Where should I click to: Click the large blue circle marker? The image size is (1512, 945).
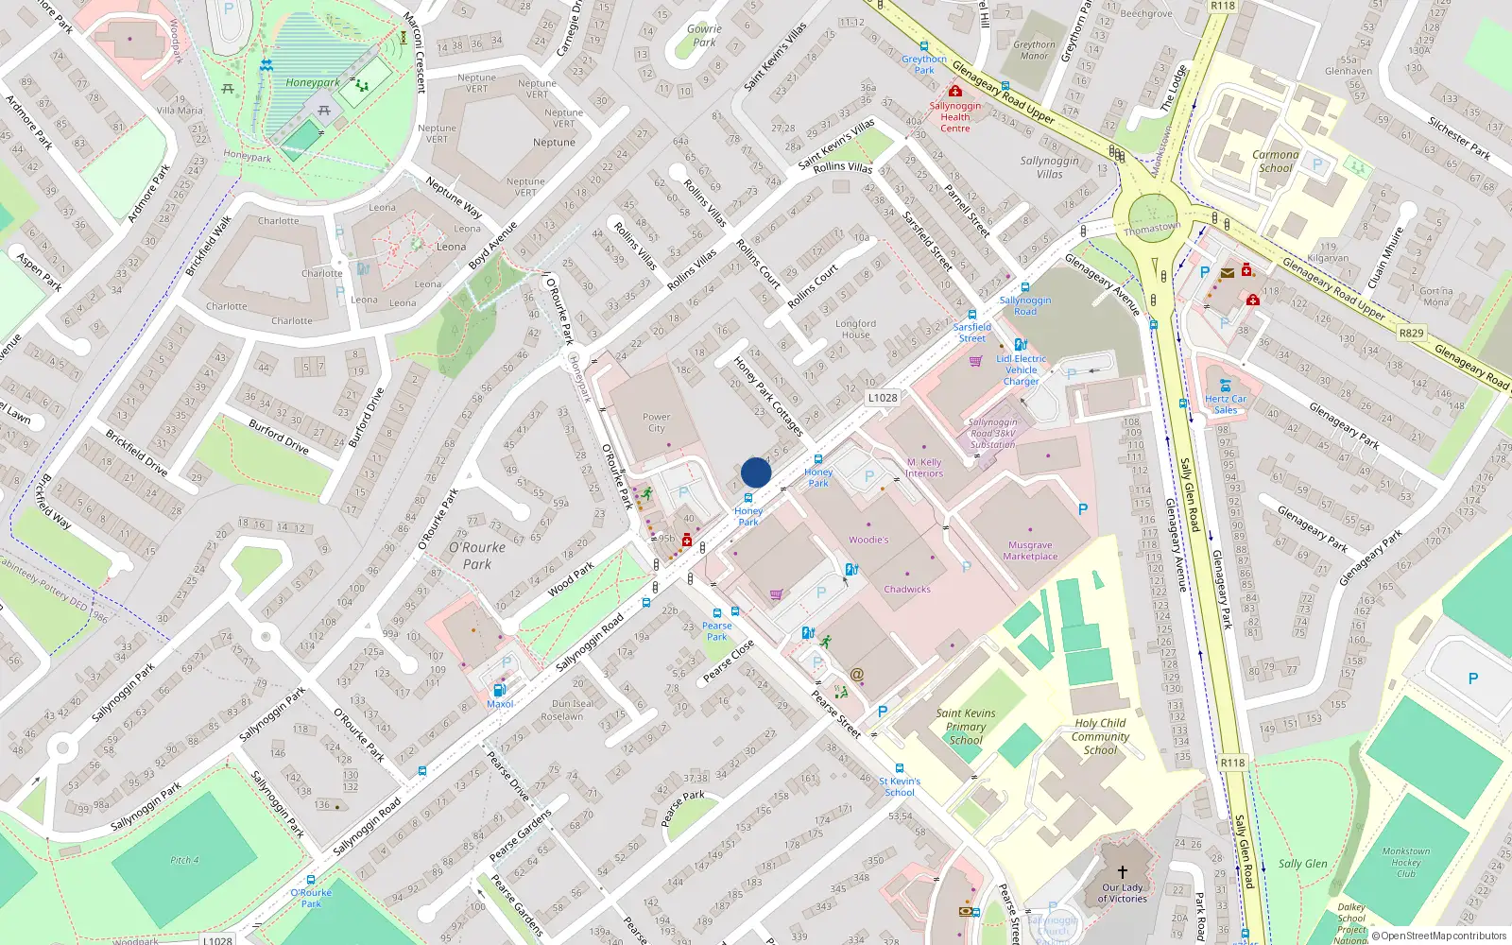pos(756,472)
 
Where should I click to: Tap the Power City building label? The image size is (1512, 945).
pos(656,422)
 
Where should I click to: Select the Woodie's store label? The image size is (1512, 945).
pos(868,540)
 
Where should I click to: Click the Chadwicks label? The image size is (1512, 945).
pos(907,589)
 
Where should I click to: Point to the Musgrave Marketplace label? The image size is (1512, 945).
pos(1030,551)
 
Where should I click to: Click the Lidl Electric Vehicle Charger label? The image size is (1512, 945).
pos(1021,369)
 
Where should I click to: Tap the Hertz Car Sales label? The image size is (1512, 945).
pos(1225,404)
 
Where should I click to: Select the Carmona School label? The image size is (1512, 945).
pos(1275,162)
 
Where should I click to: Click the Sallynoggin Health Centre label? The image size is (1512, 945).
pos(954,116)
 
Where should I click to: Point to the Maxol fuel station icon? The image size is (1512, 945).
pos(500,691)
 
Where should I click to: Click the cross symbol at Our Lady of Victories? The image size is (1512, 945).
pos(1123,871)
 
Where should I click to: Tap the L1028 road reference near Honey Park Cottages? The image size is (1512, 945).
pos(883,398)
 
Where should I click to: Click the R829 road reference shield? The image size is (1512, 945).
pos(1411,333)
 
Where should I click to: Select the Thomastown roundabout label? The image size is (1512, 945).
pos(1152,228)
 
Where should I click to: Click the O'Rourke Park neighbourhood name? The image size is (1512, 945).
pos(477,555)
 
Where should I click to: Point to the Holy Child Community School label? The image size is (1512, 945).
pos(1100,736)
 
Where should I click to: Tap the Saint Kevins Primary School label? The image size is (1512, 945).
pos(966,727)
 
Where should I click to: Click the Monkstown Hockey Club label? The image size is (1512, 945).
pos(1406,862)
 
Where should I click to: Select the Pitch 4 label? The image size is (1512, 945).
pos(184,860)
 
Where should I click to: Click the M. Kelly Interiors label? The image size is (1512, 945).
pos(924,468)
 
